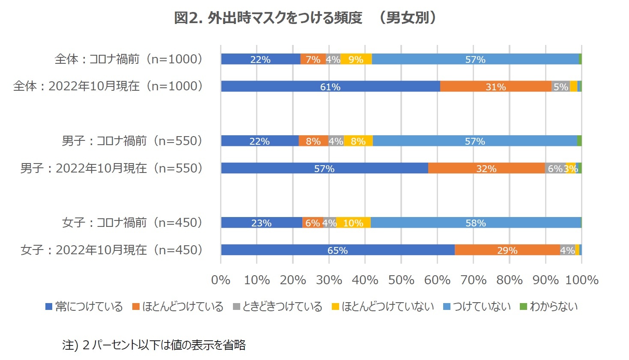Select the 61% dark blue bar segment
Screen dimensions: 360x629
[x=330, y=86]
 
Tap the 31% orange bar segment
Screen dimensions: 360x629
[x=495, y=86]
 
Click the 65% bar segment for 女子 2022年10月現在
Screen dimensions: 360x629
[x=337, y=250]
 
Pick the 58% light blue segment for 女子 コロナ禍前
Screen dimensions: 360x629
[x=475, y=223]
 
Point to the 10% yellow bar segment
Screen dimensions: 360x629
[x=353, y=223]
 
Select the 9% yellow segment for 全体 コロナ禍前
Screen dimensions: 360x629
[x=356, y=59]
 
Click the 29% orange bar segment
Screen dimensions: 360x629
[x=507, y=250]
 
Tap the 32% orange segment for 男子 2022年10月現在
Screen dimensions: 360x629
[x=486, y=168]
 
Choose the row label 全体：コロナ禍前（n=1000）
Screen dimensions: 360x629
[x=128, y=59]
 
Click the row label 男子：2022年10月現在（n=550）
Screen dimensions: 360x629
[x=112, y=168]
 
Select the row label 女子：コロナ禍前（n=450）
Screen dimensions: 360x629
[x=132, y=223]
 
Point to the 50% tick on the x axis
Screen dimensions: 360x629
[x=401, y=280]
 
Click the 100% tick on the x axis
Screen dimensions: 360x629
[x=581, y=280]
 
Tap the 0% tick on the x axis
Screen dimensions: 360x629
[x=221, y=280]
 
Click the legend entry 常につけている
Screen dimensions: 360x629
[x=84, y=306]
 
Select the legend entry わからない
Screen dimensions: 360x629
[x=549, y=306]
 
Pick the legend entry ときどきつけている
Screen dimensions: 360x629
[x=278, y=306]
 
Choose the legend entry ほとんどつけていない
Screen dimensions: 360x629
[x=383, y=306]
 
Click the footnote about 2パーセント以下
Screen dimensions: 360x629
[x=154, y=345]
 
